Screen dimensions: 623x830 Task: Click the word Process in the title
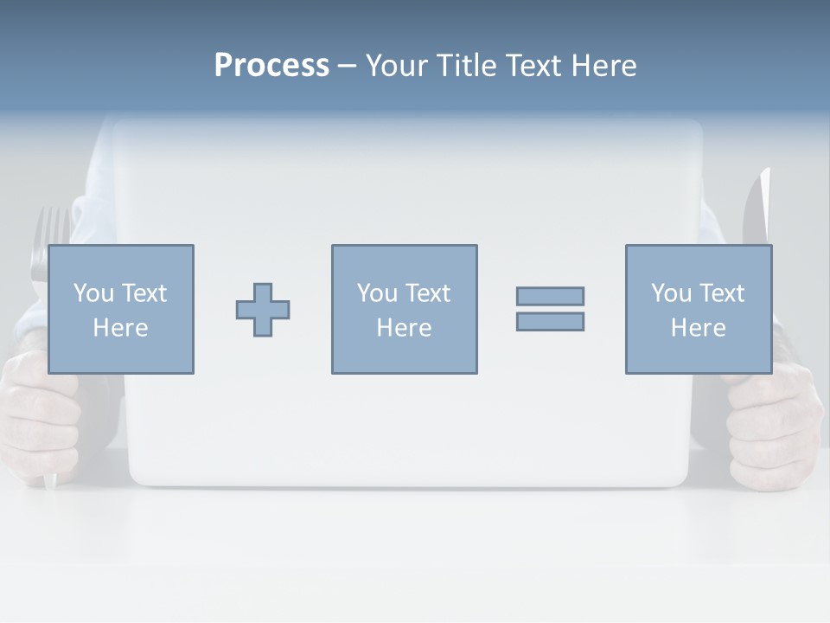271,66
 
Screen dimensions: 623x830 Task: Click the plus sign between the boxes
263,310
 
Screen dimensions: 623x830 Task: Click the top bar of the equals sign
550,297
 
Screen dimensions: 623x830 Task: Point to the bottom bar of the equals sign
550,321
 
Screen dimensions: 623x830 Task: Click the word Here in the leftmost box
120,328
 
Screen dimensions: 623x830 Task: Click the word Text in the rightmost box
721,293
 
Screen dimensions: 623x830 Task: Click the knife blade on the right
757,208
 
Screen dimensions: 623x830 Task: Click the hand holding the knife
774,424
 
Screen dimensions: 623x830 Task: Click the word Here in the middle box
404,328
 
